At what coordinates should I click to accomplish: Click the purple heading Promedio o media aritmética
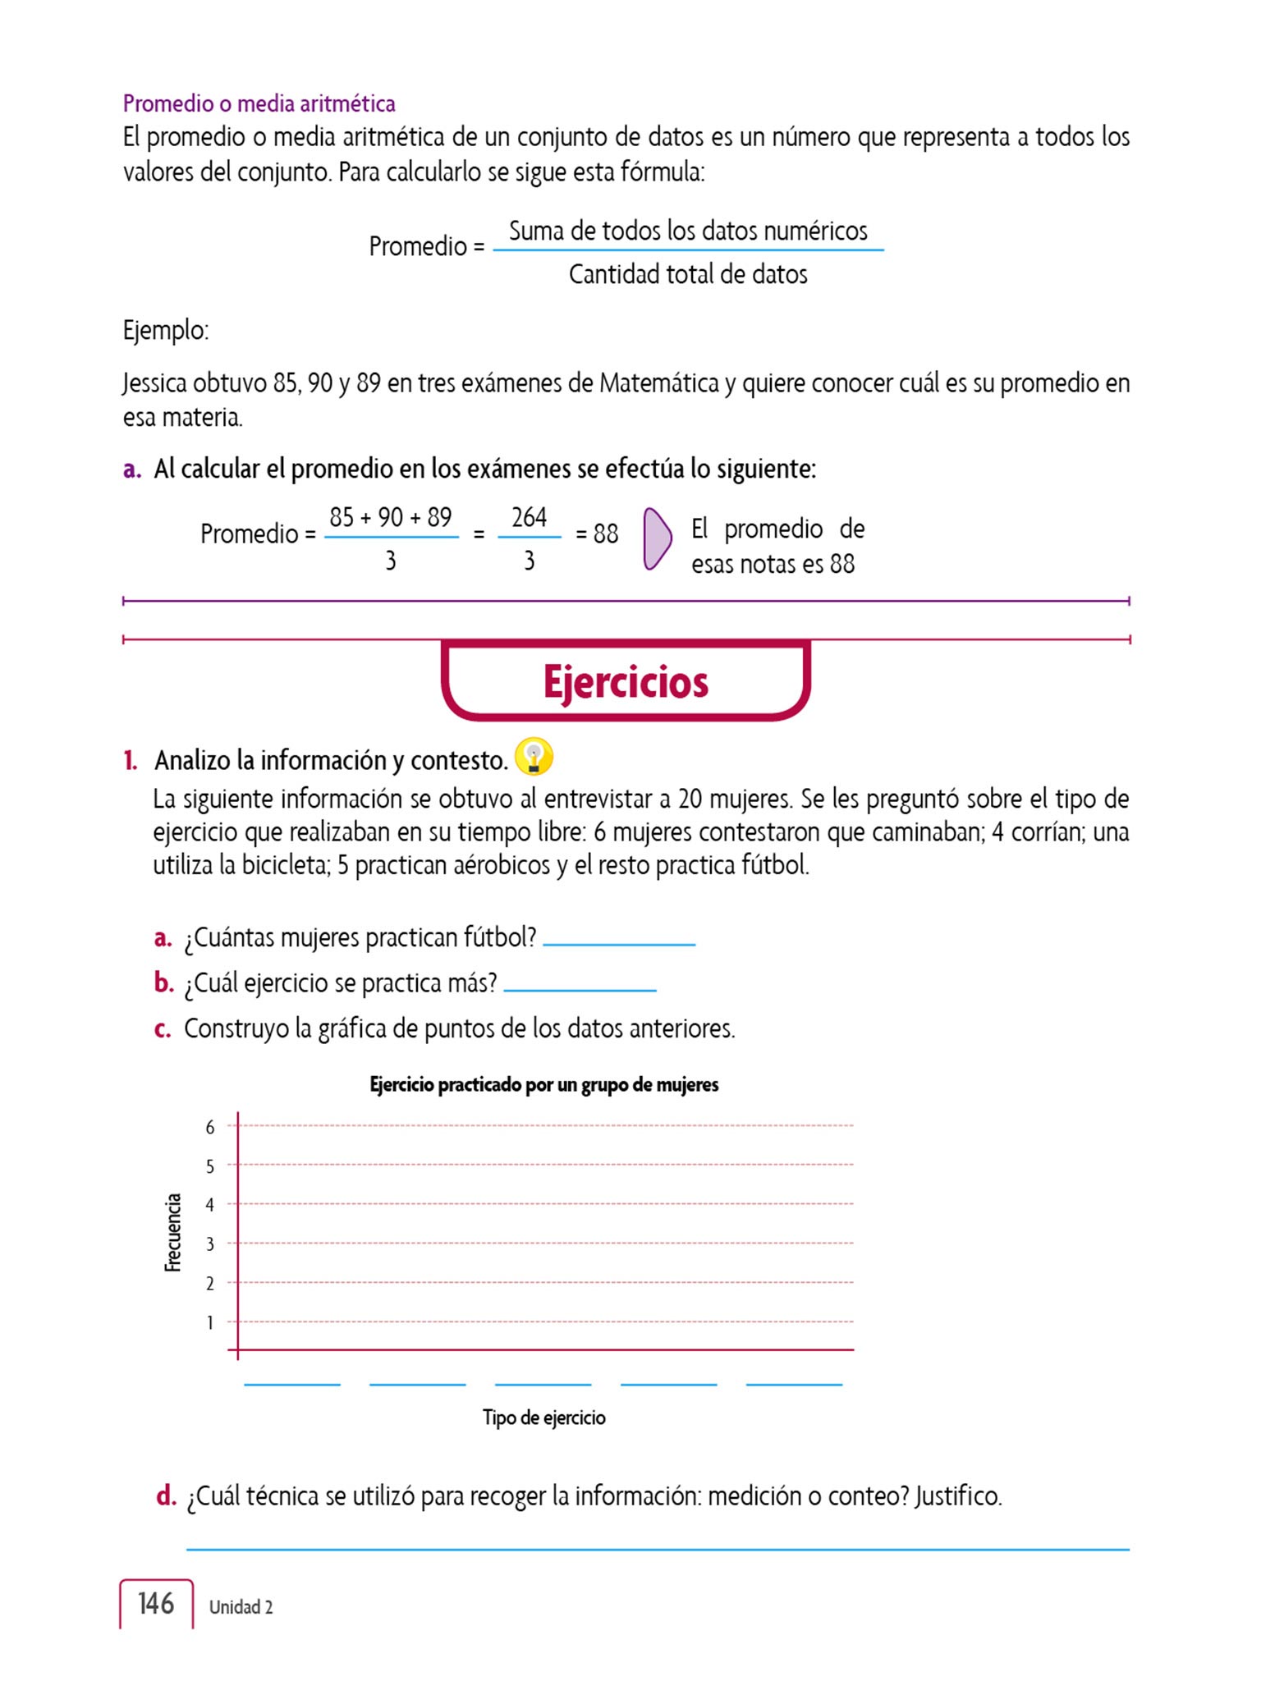click(x=259, y=103)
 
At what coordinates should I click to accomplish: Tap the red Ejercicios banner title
click(x=626, y=682)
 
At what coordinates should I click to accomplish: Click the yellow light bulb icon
click(x=534, y=756)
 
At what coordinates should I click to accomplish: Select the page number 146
click(x=156, y=1603)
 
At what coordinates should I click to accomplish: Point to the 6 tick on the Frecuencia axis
click(x=210, y=1127)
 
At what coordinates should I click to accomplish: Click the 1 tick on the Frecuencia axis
click(x=210, y=1322)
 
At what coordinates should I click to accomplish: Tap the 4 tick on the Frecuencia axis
click(x=210, y=1205)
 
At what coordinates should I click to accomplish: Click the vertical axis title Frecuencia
click(x=172, y=1233)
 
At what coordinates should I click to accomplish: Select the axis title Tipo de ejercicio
click(x=543, y=1418)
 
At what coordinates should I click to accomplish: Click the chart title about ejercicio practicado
click(x=543, y=1084)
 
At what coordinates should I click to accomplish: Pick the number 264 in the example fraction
click(x=529, y=517)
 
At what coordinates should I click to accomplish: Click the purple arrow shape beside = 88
click(x=657, y=538)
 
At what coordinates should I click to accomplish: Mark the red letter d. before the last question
click(x=166, y=1495)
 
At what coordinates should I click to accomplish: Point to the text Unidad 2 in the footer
click(x=241, y=1606)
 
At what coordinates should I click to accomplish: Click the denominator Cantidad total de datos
click(x=688, y=274)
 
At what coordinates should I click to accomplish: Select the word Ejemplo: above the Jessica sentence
click(x=166, y=330)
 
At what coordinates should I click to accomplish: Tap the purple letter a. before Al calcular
click(x=131, y=469)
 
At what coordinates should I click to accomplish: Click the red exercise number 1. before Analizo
click(x=131, y=760)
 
